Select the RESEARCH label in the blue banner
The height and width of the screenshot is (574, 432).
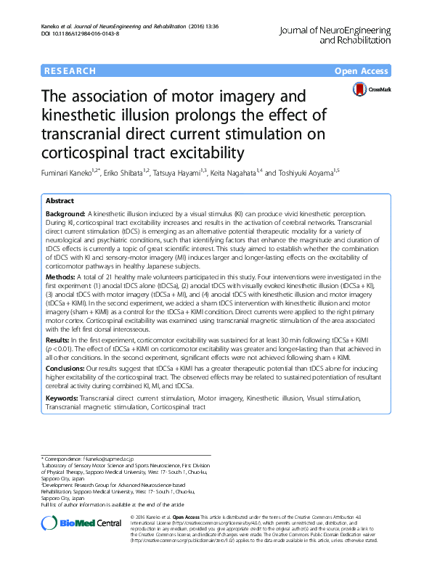coord(70,71)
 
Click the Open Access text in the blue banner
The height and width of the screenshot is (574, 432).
coord(362,71)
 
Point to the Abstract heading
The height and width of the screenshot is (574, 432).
coord(60,200)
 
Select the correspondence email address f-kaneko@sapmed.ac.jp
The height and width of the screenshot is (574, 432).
coord(109,459)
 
